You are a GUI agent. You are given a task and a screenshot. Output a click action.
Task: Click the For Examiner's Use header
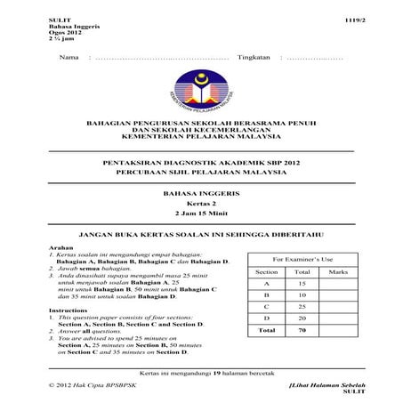tap(302, 256)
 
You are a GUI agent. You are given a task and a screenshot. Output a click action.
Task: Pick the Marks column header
tap(337, 270)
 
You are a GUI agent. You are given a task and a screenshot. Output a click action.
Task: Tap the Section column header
tap(267, 270)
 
